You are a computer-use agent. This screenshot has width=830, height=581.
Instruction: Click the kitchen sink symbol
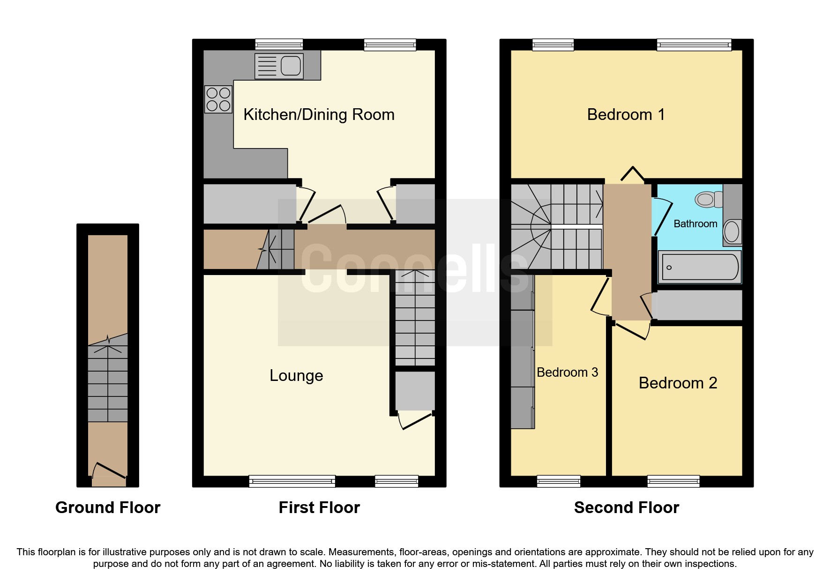(279, 66)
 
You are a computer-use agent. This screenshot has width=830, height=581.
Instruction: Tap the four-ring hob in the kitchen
(218, 99)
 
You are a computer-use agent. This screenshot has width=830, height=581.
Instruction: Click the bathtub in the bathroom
(699, 267)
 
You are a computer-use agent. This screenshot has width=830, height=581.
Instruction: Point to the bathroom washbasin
(732, 231)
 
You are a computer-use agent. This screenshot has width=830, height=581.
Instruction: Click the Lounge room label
(296, 375)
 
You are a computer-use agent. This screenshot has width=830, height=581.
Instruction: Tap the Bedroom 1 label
(626, 114)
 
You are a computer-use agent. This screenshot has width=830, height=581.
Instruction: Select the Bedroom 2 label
(678, 383)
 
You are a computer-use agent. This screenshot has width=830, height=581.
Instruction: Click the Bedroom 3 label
(567, 372)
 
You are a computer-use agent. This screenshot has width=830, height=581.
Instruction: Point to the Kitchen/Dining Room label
(319, 114)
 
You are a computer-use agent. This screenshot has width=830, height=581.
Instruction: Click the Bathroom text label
(695, 223)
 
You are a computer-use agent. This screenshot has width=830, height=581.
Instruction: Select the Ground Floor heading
(108, 507)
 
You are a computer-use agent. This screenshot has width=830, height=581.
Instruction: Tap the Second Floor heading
(626, 507)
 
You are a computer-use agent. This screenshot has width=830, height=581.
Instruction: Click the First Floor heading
(319, 507)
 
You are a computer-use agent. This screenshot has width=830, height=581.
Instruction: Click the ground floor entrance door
(110, 471)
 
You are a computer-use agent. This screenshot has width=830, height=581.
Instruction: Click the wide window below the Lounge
(292, 481)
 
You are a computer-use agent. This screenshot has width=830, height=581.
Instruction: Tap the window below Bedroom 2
(673, 481)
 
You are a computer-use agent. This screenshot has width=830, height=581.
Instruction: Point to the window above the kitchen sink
(279, 45)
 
